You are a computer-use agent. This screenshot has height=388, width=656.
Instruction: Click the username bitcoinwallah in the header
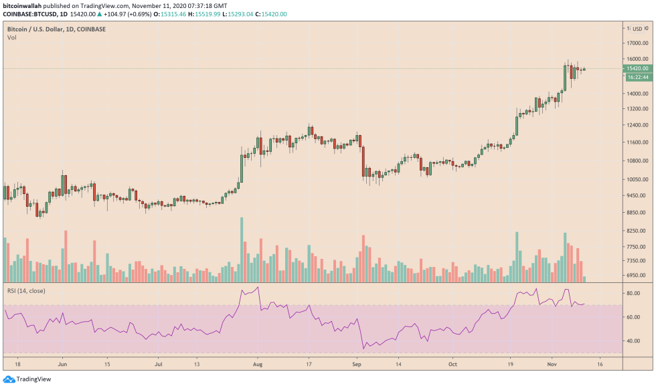tap(23, 5)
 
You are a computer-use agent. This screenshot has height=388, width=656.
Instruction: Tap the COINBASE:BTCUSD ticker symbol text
tap(29, 13)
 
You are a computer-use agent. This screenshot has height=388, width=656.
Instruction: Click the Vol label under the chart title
tap(12, 37)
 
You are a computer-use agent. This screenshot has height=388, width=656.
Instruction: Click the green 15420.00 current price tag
tap(635, 68)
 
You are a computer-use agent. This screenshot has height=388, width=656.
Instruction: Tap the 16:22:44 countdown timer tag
tap(635, 77)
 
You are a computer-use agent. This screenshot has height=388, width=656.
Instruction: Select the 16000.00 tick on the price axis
tap(635, 59)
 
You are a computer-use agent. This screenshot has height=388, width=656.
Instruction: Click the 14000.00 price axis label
tap(635, 94)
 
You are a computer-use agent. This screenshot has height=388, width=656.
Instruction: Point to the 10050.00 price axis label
tap(635, 179)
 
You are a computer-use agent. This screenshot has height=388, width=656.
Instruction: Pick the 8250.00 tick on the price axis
tap(635, 230)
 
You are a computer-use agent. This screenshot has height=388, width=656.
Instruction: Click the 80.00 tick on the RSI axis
tap(632, 293)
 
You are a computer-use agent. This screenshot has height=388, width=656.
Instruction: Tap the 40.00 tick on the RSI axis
tap(632, 341)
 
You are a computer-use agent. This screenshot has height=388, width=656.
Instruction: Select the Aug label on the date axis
tap(258, 365)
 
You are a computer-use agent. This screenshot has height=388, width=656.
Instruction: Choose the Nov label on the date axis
tap(552, 365)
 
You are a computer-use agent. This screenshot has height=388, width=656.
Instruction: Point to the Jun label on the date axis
tap(63, 365)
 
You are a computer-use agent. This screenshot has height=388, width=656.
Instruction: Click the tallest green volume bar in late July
tap(242, 249)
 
